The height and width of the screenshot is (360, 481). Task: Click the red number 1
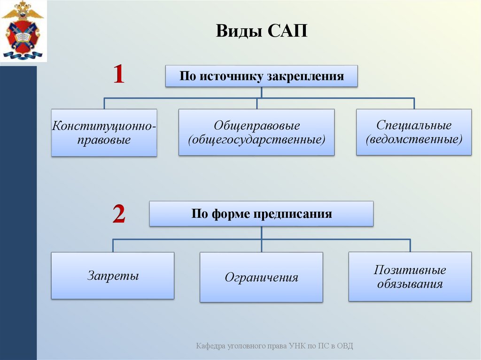[x=118, y=75]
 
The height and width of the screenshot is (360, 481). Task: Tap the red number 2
[x=118, y=214]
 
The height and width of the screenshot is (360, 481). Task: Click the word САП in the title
[x=287, y=32]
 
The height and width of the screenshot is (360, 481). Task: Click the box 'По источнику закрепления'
[x=261, y=77]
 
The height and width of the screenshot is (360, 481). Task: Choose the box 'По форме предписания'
[x=261, y=214]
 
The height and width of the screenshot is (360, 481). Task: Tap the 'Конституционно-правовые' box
[x=104, y=133]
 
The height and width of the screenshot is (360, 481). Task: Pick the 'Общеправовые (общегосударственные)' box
[x=256, y=133]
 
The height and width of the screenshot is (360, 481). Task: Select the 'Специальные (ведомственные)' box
[x=413, y=132]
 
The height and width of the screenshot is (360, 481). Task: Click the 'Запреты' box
[x=113, y=276]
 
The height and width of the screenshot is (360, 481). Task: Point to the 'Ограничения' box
[x=261, y=277]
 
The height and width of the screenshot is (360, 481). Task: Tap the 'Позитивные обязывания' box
[x=410, y=277]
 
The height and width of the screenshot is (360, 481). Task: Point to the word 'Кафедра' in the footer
[x=211, y=346]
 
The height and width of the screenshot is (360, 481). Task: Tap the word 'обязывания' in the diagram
[x=410, y=284]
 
